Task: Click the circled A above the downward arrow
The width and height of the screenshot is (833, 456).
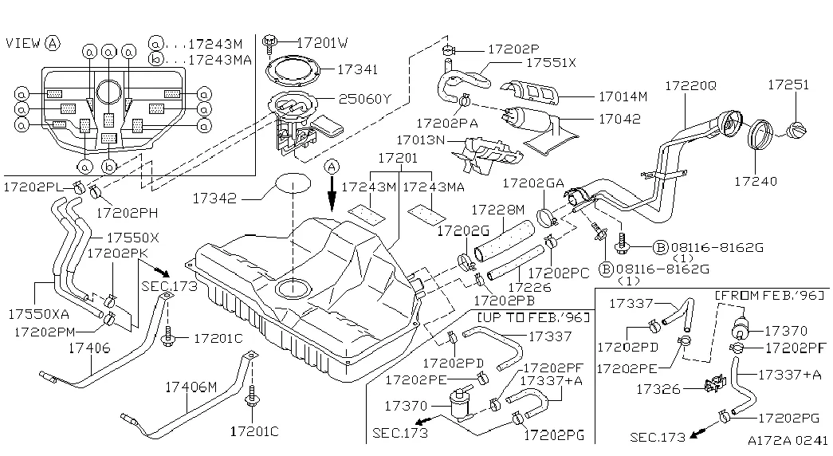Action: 332,166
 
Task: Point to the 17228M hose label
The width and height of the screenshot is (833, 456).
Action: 497,210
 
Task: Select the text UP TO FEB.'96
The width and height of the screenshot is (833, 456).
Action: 533,318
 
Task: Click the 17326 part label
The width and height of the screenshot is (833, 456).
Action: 657,389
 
